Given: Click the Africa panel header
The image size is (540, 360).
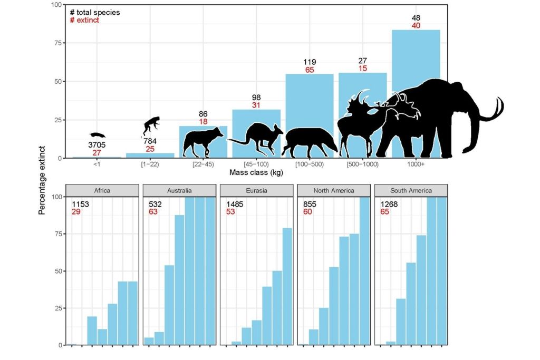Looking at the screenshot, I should pyautogui.click(x=102, y=190).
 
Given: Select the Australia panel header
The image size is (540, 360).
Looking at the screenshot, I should pyautogui.click(x=180, y=190).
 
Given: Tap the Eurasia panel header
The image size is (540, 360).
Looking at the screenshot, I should pyautogui.click(x=257, y=190).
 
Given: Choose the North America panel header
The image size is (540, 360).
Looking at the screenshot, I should pyautogui.click(x=334, y=190).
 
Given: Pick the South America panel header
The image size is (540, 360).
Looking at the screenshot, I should pyautogui.click(x=411, y=190).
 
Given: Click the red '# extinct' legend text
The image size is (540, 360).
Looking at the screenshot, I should pyautogui.click(x=84, y=21).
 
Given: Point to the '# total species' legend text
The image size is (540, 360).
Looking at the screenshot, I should pyautogui.click(x=94, y=12).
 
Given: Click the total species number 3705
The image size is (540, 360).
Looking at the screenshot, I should pyautogui.click(x=98, y=145).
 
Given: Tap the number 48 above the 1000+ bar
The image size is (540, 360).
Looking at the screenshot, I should pyautogui.click(x=416, y=18).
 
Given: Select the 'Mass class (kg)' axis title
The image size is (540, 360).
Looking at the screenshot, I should pyautogui.click(x=256, y=172).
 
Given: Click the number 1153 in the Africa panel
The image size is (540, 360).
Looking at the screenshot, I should pyautogui.click(x=82, y=204).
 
